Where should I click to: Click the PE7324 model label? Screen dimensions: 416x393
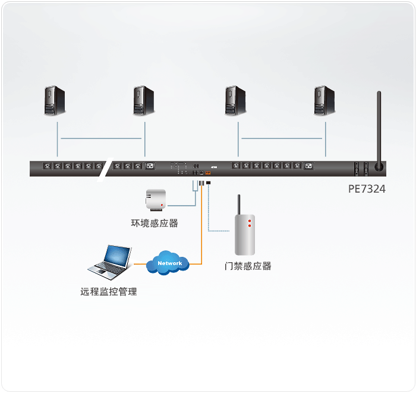pos(367,189)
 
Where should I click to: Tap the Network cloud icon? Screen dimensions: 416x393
pos(168,263)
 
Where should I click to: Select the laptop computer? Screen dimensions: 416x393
pos(110,262)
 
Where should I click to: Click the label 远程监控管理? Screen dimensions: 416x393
pos(109,292)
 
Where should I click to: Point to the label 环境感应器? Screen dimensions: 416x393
pos(155,223)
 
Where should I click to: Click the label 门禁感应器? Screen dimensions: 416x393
pos(248,266)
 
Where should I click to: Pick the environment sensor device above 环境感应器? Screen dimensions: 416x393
pos(156,200)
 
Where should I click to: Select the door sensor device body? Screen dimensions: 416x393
pos(245,235)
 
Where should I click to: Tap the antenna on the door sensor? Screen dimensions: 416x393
pos(239,205)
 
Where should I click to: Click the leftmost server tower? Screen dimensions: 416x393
pos(55,100)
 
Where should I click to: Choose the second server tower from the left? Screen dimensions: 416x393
pos(144,100)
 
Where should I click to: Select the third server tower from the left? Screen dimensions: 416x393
pos(235,100)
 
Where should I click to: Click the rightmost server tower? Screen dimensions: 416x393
pos(324,100)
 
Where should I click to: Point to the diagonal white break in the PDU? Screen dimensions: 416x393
pos(105,169)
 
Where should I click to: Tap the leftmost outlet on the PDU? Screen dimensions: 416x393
pos(47,166)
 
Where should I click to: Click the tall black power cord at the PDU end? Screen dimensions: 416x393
pos(379,130)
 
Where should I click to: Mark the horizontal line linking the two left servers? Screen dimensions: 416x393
pos(101,139)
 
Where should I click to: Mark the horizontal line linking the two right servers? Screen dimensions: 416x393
pos(282,139)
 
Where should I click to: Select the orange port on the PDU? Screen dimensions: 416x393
pos(208,173)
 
